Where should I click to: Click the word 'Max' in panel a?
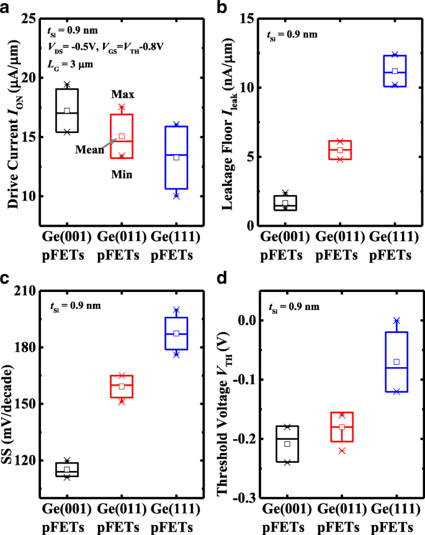pos(123,94)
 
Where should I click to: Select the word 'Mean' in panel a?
pos(87,150)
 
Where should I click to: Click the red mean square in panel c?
pos(122,386)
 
